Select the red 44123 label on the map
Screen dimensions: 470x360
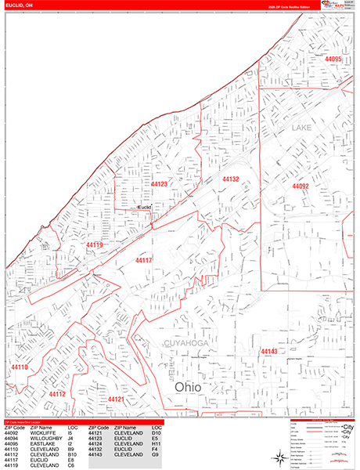[x=159, y=184]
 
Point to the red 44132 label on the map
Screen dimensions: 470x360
[x=231, y=179]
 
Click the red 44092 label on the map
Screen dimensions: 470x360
[x=301, y=186]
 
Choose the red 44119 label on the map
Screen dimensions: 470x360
[x=95, y=245]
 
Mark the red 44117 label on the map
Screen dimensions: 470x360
[x=143, y=260]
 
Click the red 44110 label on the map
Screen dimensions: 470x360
[x=20, y=367]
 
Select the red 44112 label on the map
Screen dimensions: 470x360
[x=57, y=394]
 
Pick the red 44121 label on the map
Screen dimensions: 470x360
[x=117, y=399]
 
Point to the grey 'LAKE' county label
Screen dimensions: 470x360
[x=302, y=127]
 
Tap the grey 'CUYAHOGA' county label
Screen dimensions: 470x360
[x=185, y=343]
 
